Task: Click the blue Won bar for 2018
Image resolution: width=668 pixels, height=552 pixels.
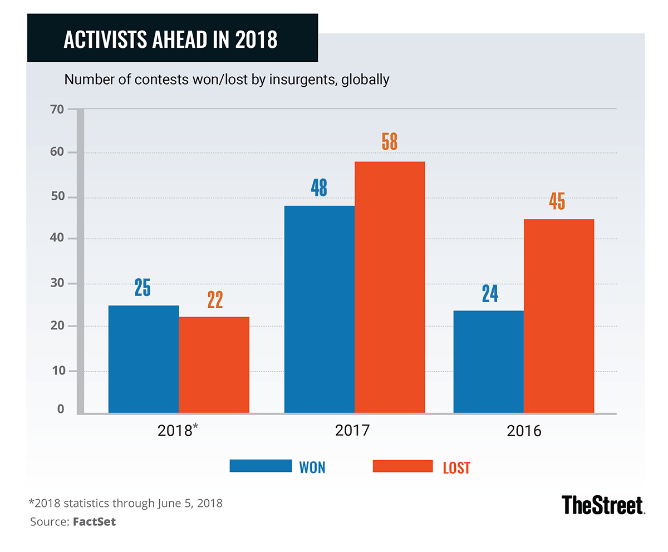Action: [x=144, y=359]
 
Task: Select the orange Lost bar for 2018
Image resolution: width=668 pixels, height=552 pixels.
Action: [x=214, y=364]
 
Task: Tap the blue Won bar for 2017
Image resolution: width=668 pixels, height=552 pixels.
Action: [x=320, y=309]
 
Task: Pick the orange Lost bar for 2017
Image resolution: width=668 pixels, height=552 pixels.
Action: [x=390, y=287]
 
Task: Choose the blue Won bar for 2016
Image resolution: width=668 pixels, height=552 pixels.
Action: [x=489, y=362]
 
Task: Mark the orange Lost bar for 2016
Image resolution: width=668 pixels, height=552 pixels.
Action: [x=559, y=316]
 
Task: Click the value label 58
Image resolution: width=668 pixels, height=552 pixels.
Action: [x=390, y=141]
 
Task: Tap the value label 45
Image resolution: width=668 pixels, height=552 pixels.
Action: [x=557, y=200]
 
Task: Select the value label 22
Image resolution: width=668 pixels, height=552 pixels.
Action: [x=215, y=299]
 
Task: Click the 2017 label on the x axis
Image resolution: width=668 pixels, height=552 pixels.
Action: [x=353, y=431]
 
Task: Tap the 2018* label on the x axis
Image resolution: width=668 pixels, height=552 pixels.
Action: [x=180, y=431]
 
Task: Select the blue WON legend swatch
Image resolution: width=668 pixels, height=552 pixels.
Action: [x=261, y=466]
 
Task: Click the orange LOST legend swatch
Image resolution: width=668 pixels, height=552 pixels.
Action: [x=402, y=466]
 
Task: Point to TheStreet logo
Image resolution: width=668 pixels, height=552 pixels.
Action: [x=602, y=505]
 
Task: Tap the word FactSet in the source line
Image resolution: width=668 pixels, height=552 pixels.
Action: [x=95, y=522]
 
